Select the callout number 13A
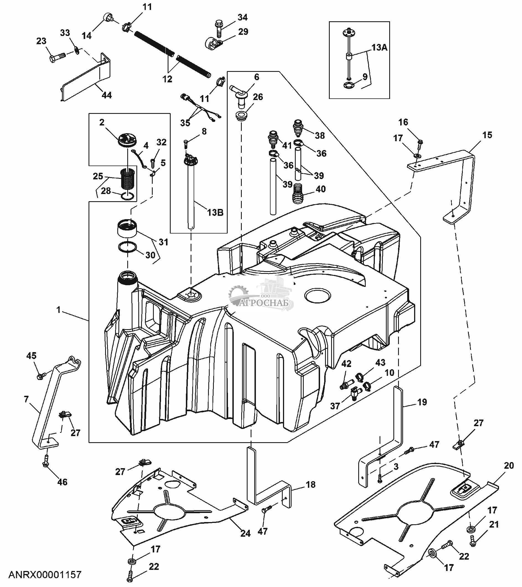point(379,47)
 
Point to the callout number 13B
point(215,213)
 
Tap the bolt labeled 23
point(56,58)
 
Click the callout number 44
point(107,95)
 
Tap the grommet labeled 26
point(241,116)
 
